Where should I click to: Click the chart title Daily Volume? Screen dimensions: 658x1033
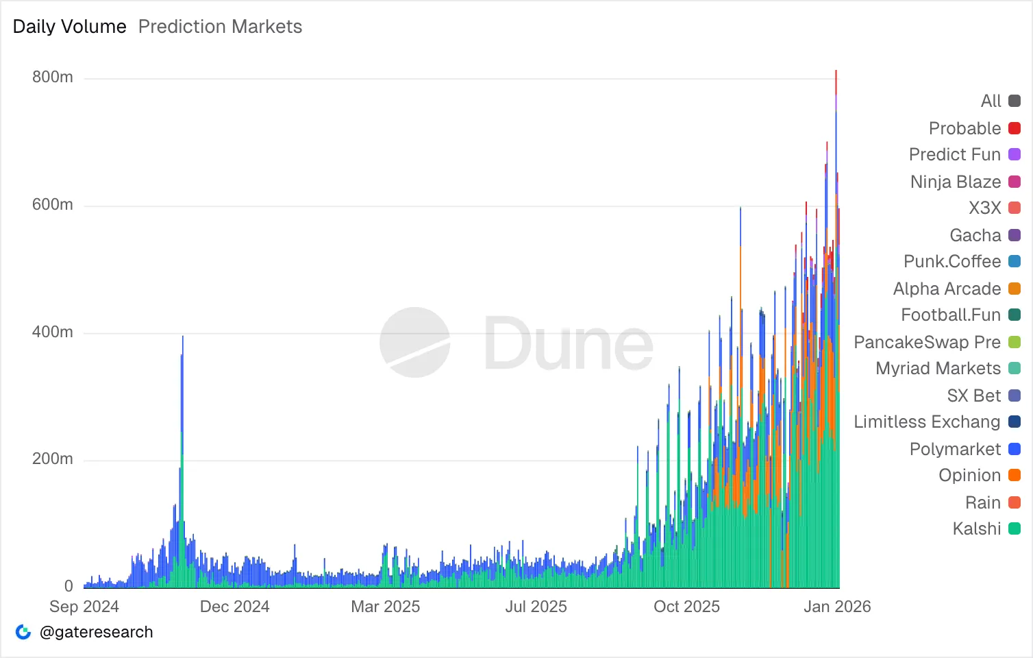pyautogui.click(x=70, y=27)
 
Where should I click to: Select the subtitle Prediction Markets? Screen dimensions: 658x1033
pyautogui.click(x=220, y=27)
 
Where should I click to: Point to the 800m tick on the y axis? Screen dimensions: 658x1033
pyautogui.click(x=53, y=77)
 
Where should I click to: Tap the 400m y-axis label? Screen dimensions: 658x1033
pyautogui.click(x=53, y=332)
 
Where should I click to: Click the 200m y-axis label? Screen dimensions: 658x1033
pyautogui.click(x=53, y=459)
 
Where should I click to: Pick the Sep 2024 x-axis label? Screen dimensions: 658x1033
pyautogui.click(x=84, y=607)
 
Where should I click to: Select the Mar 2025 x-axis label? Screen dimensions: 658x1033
pyautogui.click(x=385, y=607)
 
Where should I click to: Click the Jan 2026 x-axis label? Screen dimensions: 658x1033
pyautogui.click(x=837, y=607)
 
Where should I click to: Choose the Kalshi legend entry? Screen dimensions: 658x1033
pyautogui.click(x=977, y=528)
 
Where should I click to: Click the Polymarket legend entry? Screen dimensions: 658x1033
pyautogui.click(x=955, y=449)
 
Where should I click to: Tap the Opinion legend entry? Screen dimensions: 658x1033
pyautogui.click(x=969, y=475)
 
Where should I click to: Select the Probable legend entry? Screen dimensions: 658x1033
pyautogui.click(x=964, y=128)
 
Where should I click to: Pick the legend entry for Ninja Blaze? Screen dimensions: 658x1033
pyautogui.click(x=956, y=182)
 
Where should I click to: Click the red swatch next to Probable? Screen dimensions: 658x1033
pyautogui.click(x=1015, y=128)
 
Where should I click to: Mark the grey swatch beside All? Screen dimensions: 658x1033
pyautogui.click(x=1015, y=101)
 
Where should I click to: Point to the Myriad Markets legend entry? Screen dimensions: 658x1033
pyautogui.click(x=938, y=368)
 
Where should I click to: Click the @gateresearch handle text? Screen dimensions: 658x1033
pyautogui.click(x=97, y=632)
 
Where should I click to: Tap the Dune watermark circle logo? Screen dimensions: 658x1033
pyautogui.click(x=415, y=342)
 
